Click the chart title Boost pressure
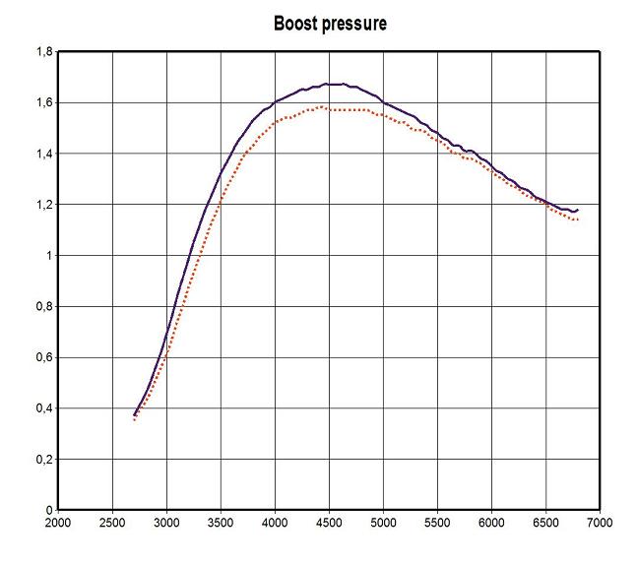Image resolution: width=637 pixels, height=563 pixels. (x=330, y=24)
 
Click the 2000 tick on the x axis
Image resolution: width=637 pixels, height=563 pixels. (x=58, y=523)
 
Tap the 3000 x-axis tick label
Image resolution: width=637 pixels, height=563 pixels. (x=166, y=523)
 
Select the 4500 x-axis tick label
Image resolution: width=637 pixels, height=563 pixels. (x=329, y=523)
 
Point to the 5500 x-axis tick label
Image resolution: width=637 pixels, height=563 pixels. (x=437, y=523)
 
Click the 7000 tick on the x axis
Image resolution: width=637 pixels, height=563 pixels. (x=599, y=523)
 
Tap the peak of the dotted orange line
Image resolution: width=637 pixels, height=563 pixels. (x=323, y=107)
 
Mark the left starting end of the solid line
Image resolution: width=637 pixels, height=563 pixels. (x=134, y=414)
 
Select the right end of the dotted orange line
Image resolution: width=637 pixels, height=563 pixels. (x=577, y=219)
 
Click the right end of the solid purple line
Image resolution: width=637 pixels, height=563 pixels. (x=578, y=210)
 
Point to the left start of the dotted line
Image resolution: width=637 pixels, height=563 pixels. (x=134, y=420)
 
